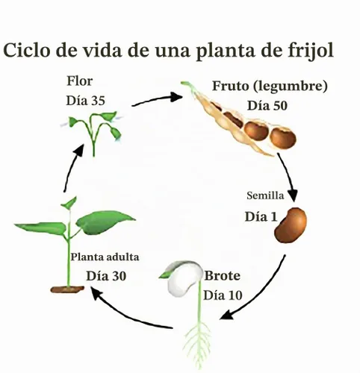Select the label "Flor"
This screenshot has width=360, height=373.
[80, 81]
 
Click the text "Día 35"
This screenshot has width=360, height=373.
[85, 101]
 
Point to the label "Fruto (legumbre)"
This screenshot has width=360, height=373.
[270, 87]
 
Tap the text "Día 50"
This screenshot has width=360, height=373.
[267, 106]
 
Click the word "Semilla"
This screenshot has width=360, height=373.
[265, 195]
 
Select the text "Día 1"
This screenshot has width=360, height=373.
[261, 216]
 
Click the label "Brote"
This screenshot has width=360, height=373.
[223, 275]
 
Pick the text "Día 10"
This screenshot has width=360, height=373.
[223, 295]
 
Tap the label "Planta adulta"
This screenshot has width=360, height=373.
[105, 257]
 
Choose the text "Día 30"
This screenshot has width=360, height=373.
[106, 276]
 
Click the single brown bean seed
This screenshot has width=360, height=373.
[291, 225]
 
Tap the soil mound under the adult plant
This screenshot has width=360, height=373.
[67, 289]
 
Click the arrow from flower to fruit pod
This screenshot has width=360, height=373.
[157, 99]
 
